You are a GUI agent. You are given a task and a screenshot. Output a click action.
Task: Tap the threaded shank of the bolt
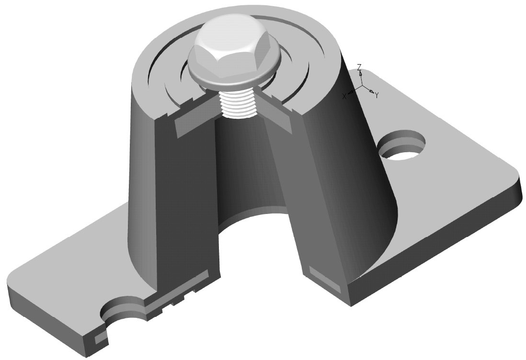click(x=238, y=104)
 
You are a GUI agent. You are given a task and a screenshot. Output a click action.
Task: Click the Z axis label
click(x=359, y=67)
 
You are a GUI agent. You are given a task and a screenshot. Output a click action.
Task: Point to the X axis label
click(x=344, y=96)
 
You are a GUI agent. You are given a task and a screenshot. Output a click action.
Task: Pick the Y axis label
click(x=377, y=96)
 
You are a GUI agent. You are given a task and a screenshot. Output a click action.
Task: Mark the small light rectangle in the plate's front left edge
click(x=101, y=339)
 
